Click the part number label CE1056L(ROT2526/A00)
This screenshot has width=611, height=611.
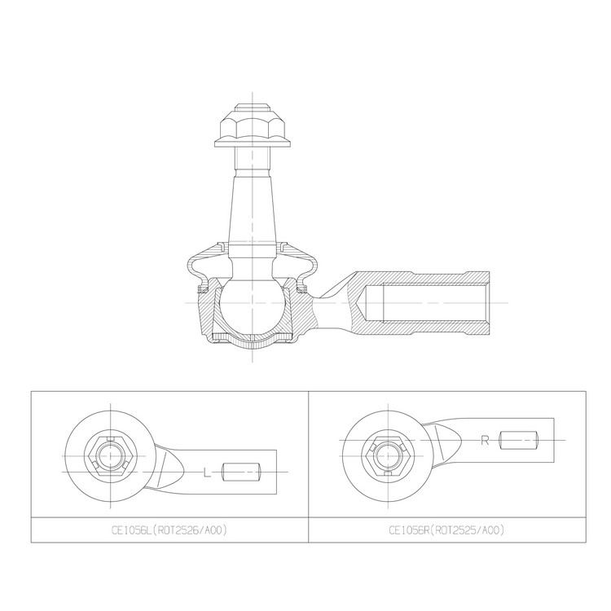[169, 530]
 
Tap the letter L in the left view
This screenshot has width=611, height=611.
[206, 472]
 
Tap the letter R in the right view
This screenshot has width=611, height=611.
[485, 441]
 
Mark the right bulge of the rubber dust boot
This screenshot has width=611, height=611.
[310, 266]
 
